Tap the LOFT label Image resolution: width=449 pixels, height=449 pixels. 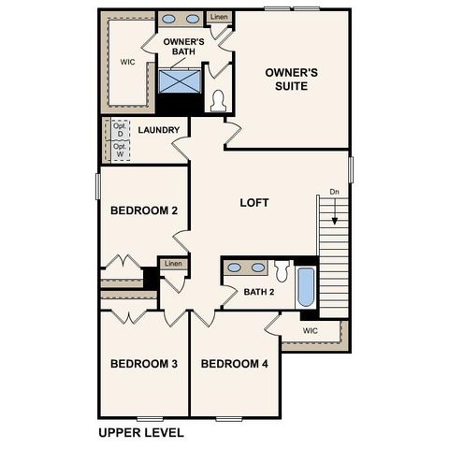pyautogui.click(x=254, y=202)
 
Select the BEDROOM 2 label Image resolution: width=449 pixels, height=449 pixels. pyautogui.click(x=144, y=210)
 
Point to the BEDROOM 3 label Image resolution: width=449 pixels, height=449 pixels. pyautogui.click(x=144, y=364)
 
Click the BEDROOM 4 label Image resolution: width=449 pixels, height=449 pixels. pyautogui.click(x=235, y=364)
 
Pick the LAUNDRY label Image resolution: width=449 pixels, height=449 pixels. pyautogui.click(x=158, y=130)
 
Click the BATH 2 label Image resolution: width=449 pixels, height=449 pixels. pyautogui.click(x=259, y=292)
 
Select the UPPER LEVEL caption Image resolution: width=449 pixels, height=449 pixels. pyautogui.click(x=141, y=433)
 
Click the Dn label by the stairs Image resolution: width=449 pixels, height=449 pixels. pyautogui.click(x=334, y=193)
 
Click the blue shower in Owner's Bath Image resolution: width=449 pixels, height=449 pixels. pyautogui.click(x=180, y=81)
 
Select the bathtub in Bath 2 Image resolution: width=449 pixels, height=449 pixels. pyautogui.click(x=306, y=286)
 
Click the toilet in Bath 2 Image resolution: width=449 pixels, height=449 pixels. pyautogui.click(x=282, y=270)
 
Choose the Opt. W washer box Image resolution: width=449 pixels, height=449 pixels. pyautogui.click(x=120, y=151)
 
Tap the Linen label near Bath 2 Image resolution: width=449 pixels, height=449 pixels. pyautogui.click(x=173, y=264)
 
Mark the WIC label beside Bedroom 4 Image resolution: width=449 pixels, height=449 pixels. pyautogui.click(x=311, y=331)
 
